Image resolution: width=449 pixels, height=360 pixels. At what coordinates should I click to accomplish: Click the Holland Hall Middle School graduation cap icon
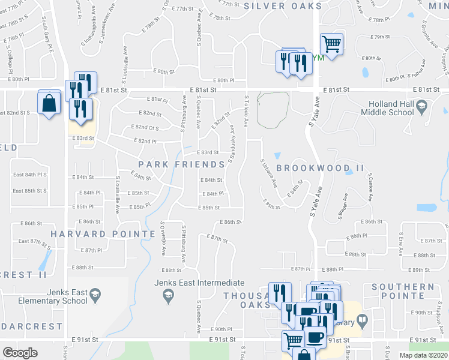(x=421, y=106)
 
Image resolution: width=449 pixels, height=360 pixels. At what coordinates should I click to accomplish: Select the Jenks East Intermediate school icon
(x=169, y=295)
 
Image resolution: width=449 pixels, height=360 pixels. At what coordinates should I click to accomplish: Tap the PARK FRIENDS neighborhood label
(x=181, y=164)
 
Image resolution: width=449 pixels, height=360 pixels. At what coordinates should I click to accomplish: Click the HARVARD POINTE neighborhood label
(x=103, y=233)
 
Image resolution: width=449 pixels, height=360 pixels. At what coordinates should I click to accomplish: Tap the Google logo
(x=20, y=353)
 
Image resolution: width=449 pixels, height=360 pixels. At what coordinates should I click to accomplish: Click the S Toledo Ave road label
(x=246, y=110)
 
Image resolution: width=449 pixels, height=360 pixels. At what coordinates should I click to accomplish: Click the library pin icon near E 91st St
(x=362, y=322)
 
